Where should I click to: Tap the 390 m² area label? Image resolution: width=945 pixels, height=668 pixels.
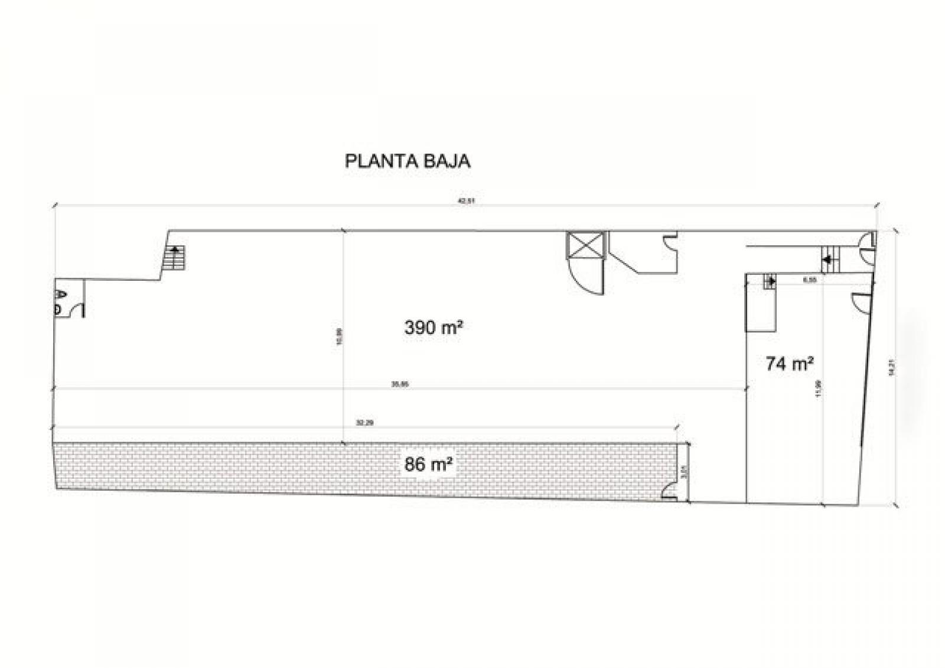point(433,327)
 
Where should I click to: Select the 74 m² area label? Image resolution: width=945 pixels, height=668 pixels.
point(790,364)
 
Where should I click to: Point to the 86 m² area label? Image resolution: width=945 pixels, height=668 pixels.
point(429,465)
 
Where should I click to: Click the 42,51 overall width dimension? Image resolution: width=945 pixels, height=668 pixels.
point(466,201)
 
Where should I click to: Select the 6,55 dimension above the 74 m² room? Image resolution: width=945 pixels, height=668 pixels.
point(809,280)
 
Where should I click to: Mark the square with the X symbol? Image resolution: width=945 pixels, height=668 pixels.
point(586,245)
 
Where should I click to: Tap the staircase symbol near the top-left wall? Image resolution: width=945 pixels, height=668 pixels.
point(175,258)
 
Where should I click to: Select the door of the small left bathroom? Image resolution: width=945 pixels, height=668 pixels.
point(78,309)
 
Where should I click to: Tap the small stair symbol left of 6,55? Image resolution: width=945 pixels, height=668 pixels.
point(770,281)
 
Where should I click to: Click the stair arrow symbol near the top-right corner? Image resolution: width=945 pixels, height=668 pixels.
point(830,259)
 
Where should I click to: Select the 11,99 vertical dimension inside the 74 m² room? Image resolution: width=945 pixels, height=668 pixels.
point(818,388)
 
